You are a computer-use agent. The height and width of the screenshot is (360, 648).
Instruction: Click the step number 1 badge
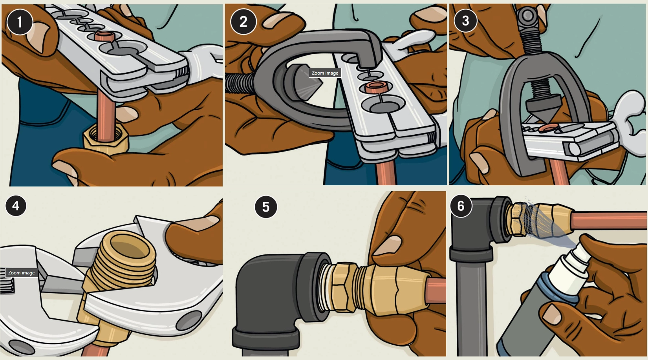pyautogui.click(x=20, y=22)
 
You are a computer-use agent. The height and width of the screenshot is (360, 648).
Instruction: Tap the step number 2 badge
pyautogui.click(x=243, y=22)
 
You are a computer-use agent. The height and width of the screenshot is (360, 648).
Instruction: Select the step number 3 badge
pyautogui.click(x=465, y=20)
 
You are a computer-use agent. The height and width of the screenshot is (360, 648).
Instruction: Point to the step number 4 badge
pyautogui.click(x=16, y=206)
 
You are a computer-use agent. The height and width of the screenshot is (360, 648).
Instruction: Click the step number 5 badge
pyautogui.click(x=266, y=207)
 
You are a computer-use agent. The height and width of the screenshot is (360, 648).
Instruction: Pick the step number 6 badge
pyautogui.click(x=461, y=206)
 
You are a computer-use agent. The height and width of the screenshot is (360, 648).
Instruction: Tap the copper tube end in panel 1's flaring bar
pyautogui.click(x=105, y=37)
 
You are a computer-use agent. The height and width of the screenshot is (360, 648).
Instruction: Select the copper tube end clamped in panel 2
pyautogui.click(x=375, y=87)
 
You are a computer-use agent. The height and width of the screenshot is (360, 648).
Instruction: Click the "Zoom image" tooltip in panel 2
pyautogui.click(x=325, y=73)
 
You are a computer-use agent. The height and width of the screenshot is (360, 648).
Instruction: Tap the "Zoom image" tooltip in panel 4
pyautogui.click(x=22, y=273)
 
